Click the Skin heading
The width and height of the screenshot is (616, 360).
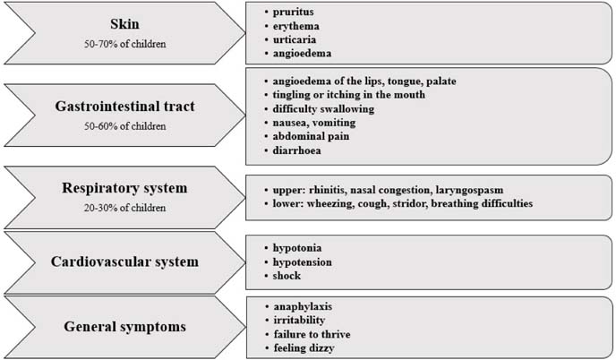click(x=124, y=24)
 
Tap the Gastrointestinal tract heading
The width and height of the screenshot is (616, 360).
click(x=125, y=106)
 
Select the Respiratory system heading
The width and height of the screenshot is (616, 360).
click(x=124, y=188)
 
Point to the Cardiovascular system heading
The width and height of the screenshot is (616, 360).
click(x=124, y=261)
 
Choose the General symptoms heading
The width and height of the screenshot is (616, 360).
click(x=125, y=327)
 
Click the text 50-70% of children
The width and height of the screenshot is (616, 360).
click(x=125, y=44)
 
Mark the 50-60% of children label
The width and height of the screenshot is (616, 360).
click(x=125, y=126)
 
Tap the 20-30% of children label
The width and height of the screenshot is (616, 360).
click(x=124, y=208)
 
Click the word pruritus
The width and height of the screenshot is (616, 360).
click(x=293, y=13)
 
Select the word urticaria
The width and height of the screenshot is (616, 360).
click(x=295, y=39)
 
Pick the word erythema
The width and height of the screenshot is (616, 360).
click(x=295, y=26)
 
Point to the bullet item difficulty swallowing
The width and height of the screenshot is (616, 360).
click(x=323, y=109)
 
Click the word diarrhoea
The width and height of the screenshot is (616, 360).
click(x=296, y=150)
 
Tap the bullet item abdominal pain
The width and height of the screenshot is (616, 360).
click(x=311, y=136)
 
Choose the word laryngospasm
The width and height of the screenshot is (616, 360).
click(x=469, y=190)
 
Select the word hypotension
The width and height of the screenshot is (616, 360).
click(x=302, y=262)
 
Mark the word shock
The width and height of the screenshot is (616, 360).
click(x=287, y=276)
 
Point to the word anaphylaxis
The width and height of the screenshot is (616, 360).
click(x=303, y=306)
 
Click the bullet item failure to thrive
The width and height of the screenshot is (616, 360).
click(x=312, y=334)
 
